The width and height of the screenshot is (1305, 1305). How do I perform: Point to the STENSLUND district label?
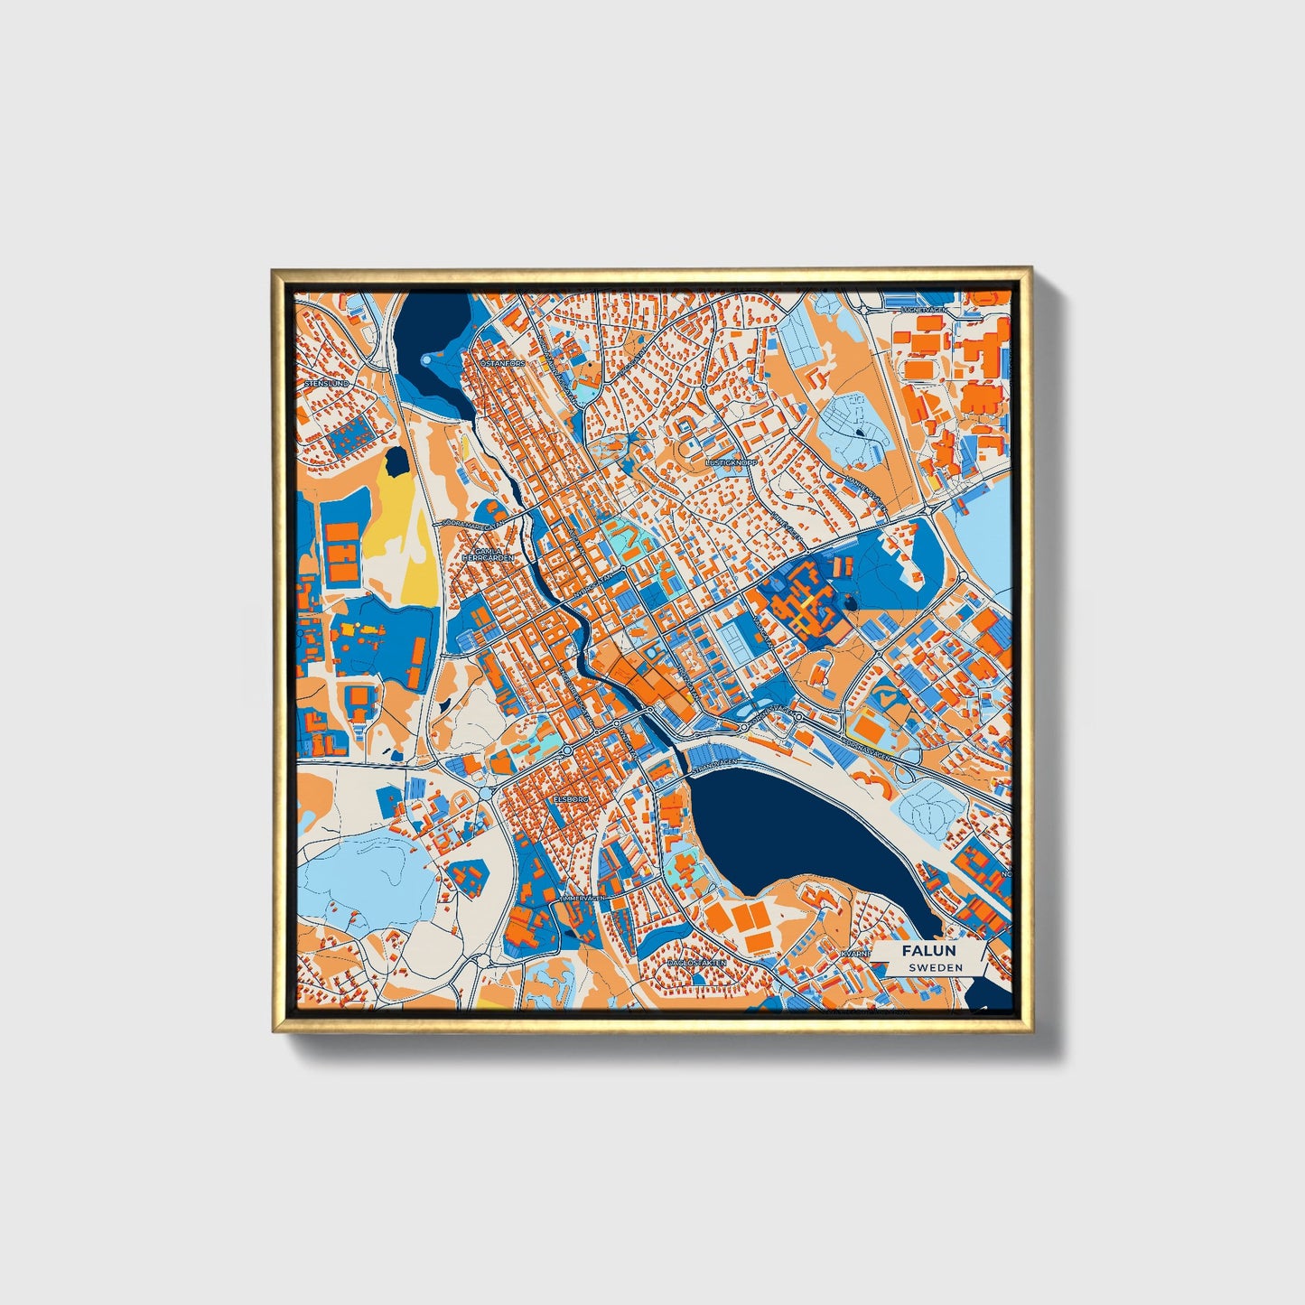point(327,383)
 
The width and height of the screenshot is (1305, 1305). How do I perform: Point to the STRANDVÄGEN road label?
point(714,766)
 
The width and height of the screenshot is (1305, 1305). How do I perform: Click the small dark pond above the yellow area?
point(396,463)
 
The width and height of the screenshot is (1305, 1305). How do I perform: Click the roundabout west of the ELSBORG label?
point(487,792)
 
